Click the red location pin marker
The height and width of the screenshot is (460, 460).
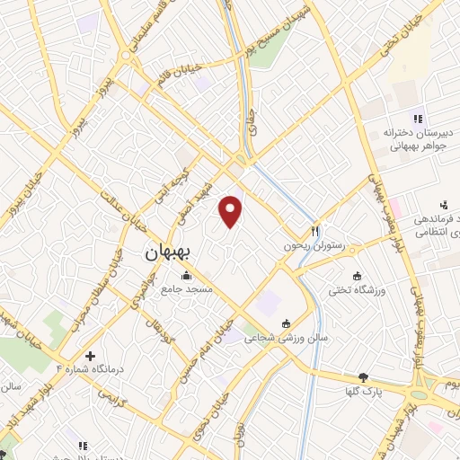232,210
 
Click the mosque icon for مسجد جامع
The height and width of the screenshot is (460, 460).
186,275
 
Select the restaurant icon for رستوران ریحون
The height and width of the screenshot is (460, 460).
315,231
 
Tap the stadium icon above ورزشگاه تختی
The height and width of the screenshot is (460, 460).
358,275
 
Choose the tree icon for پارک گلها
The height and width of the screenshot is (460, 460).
363,378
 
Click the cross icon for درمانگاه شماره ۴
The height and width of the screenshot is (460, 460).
89,356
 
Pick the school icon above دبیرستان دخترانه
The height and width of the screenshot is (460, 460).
416,118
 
